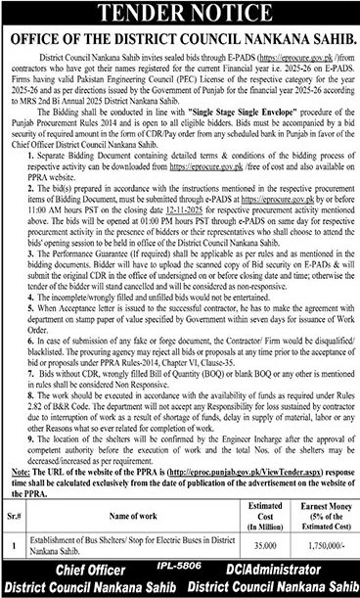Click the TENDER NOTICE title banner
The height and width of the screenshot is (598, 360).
pos(179,14)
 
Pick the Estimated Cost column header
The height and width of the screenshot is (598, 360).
pos(251,510)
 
